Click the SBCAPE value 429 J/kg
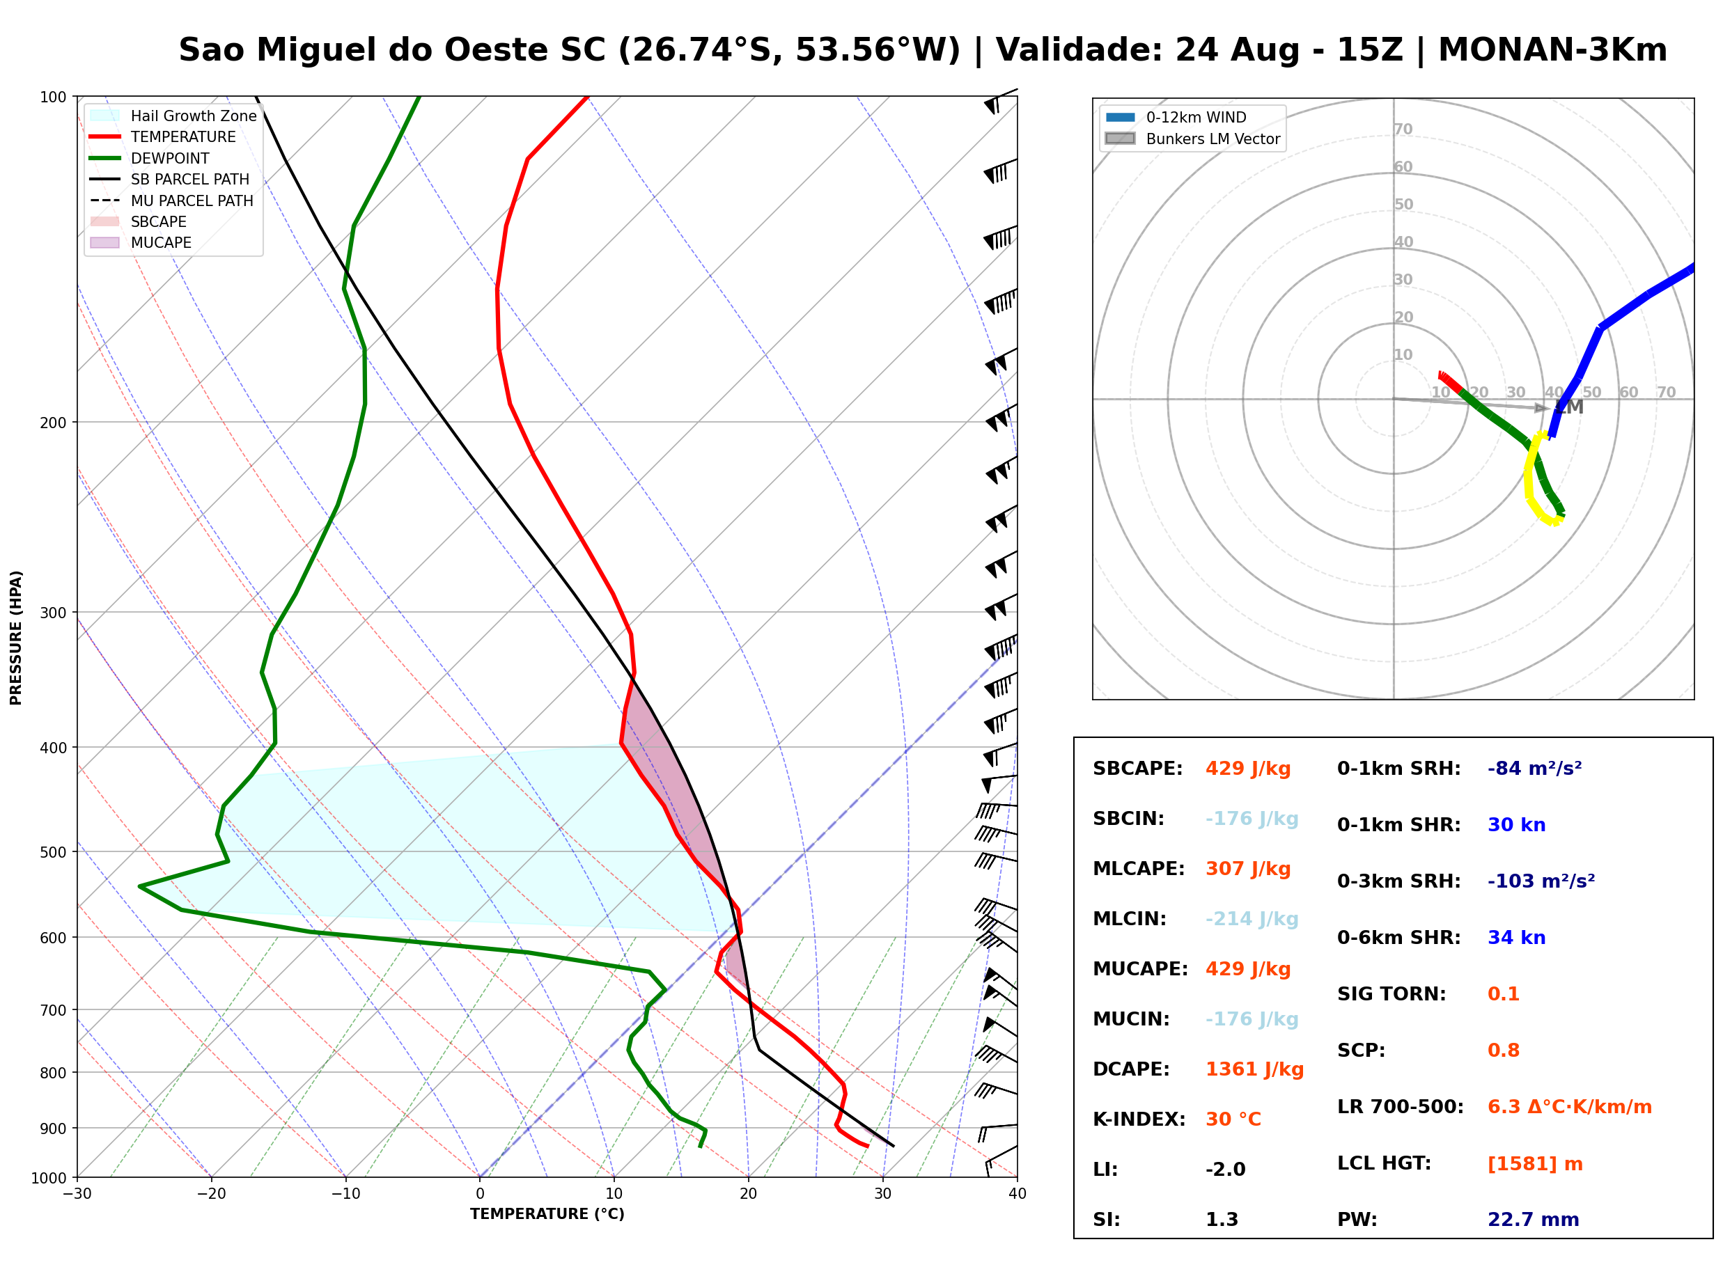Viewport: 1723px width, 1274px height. [1248, 769]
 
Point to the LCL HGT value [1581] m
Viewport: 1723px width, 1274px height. [1535, 1164]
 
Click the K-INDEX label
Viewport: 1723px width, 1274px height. [1139, 1119]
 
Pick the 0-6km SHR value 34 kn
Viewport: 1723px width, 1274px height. [1516, 938]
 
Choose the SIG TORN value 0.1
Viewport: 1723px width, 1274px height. [1503, 994]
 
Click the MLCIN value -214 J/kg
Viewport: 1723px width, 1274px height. [1252, 919]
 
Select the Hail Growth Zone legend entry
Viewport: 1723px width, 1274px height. [173, 116]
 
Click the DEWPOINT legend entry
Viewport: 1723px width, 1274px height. [150, 158]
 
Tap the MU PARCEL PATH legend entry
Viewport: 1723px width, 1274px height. [172, 200]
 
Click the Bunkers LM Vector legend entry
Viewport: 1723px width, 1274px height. [1192, 139]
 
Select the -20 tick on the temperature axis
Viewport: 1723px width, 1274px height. [210, 1194]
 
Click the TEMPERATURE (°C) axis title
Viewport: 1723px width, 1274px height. [547, 1214]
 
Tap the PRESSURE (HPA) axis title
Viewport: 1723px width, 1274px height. [16, 638]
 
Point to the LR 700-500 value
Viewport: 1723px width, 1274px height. [1569, 1108]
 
